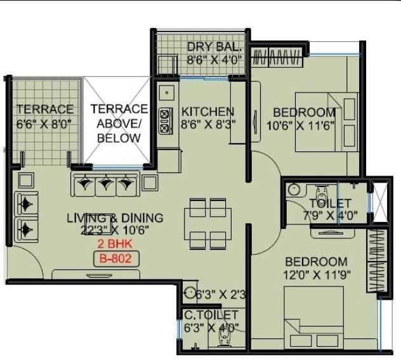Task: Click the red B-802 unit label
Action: [115, 258]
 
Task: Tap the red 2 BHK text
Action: [115, 244]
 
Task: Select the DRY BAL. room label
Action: [214, 48]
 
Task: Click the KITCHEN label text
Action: [207, 111]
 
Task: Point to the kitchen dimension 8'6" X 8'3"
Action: [207, 124]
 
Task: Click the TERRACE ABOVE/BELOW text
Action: [119, 123]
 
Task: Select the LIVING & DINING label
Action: [115, 218]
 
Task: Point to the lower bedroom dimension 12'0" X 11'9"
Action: [316, 275]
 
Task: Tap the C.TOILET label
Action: [211, 314]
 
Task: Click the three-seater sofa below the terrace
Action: [105, 184]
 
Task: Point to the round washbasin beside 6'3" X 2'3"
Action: [189, 293]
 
